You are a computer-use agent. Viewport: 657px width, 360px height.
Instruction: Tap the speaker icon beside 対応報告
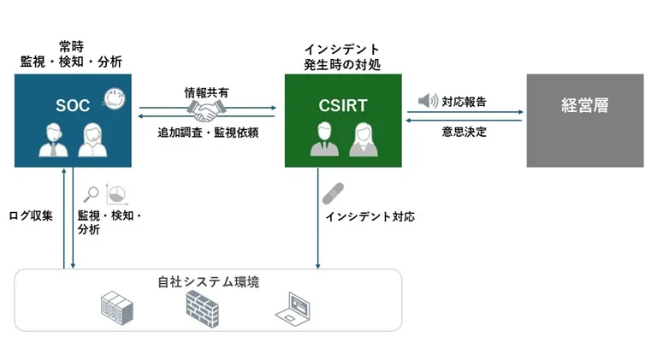click(x=428, y=102)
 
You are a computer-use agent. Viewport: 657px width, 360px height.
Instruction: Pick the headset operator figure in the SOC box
click(x=51, y=140)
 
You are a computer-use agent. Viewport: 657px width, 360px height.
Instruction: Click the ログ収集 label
click(x=31, y=215)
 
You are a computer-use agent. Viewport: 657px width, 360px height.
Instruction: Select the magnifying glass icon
click(x=91, y=192)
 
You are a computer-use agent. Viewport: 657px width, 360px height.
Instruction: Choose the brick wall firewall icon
click(x=203, y=304)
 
